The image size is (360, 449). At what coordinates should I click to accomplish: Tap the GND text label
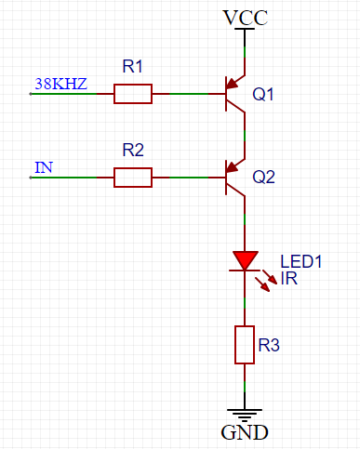click(244, 432)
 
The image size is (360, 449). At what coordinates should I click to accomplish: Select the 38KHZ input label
click(60, 85)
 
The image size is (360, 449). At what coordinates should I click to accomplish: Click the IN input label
click(43, 167)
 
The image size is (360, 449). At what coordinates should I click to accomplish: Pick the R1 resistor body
click(132, 94)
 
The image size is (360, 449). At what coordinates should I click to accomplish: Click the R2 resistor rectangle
click(132, 177)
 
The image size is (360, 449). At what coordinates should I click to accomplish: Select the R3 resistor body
click(245, 344)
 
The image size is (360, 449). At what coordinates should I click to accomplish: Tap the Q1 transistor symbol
click(233, 94)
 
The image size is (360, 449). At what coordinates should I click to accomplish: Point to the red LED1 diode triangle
click(245, 259)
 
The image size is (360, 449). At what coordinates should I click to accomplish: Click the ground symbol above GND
click(245, 415)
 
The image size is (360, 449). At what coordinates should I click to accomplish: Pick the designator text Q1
click(264, 94)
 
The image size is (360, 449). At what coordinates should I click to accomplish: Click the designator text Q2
click(264, 176)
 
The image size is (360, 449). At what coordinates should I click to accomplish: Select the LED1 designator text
click(300, 262)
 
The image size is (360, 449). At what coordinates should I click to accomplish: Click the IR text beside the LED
click(288, 278)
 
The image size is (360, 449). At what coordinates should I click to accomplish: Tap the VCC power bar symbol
click(245, 30)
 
